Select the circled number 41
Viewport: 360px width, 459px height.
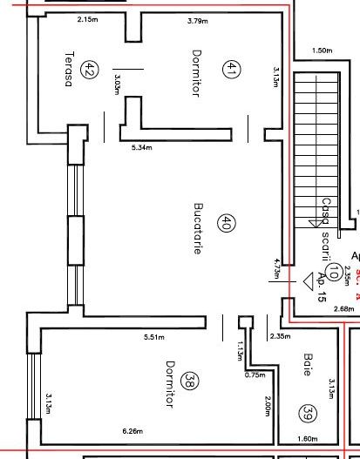click(230, 68)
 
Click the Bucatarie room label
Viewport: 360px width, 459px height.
click(198, 228)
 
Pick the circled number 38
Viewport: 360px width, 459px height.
click(188, 381)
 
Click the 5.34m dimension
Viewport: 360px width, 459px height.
click(142, 148)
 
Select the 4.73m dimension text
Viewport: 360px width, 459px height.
click(276, 268)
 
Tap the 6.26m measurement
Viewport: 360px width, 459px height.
click(132, 430)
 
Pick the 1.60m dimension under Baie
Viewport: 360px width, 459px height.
click(307, 438)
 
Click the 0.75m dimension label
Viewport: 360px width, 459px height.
click(255, 375)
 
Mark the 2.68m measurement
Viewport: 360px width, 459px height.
click(319, 308)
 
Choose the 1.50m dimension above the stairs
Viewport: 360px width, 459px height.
click(322, 51)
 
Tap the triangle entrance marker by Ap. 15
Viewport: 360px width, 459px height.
click(308, 280)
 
